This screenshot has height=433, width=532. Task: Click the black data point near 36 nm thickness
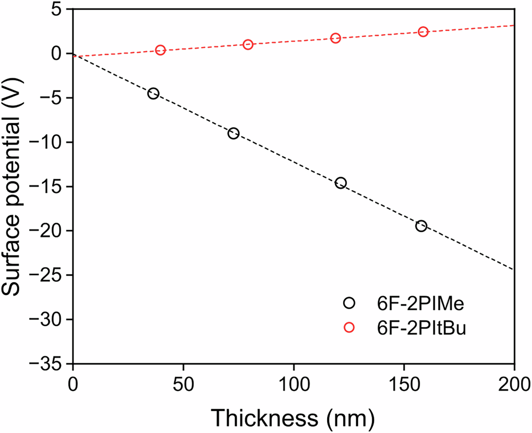[x=153, y=94]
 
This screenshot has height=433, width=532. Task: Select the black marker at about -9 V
[x=233, y=133]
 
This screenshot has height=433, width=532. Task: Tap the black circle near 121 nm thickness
[x=340, y=183]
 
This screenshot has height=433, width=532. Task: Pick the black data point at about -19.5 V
[x=421, y=226]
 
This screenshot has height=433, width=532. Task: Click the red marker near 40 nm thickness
[x=160, y=50]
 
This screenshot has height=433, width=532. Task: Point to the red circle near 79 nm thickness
[x=247, y=45]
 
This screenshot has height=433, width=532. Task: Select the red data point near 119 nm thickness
[x=336, y=38]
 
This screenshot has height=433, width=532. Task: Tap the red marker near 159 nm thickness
[x=423, y=32]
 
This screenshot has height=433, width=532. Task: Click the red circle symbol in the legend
[x=349, y=328]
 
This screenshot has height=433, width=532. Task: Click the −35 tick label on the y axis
[x=48, y=364]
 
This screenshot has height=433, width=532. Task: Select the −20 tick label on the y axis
[x=48, y=231]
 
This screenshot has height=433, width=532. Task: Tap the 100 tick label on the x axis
[x=294, y=383]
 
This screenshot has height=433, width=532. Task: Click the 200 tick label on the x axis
[x=514, y=383]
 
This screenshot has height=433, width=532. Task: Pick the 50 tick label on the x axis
[x=184, y=383]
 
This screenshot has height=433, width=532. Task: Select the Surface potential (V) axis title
[x=15, y=186]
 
